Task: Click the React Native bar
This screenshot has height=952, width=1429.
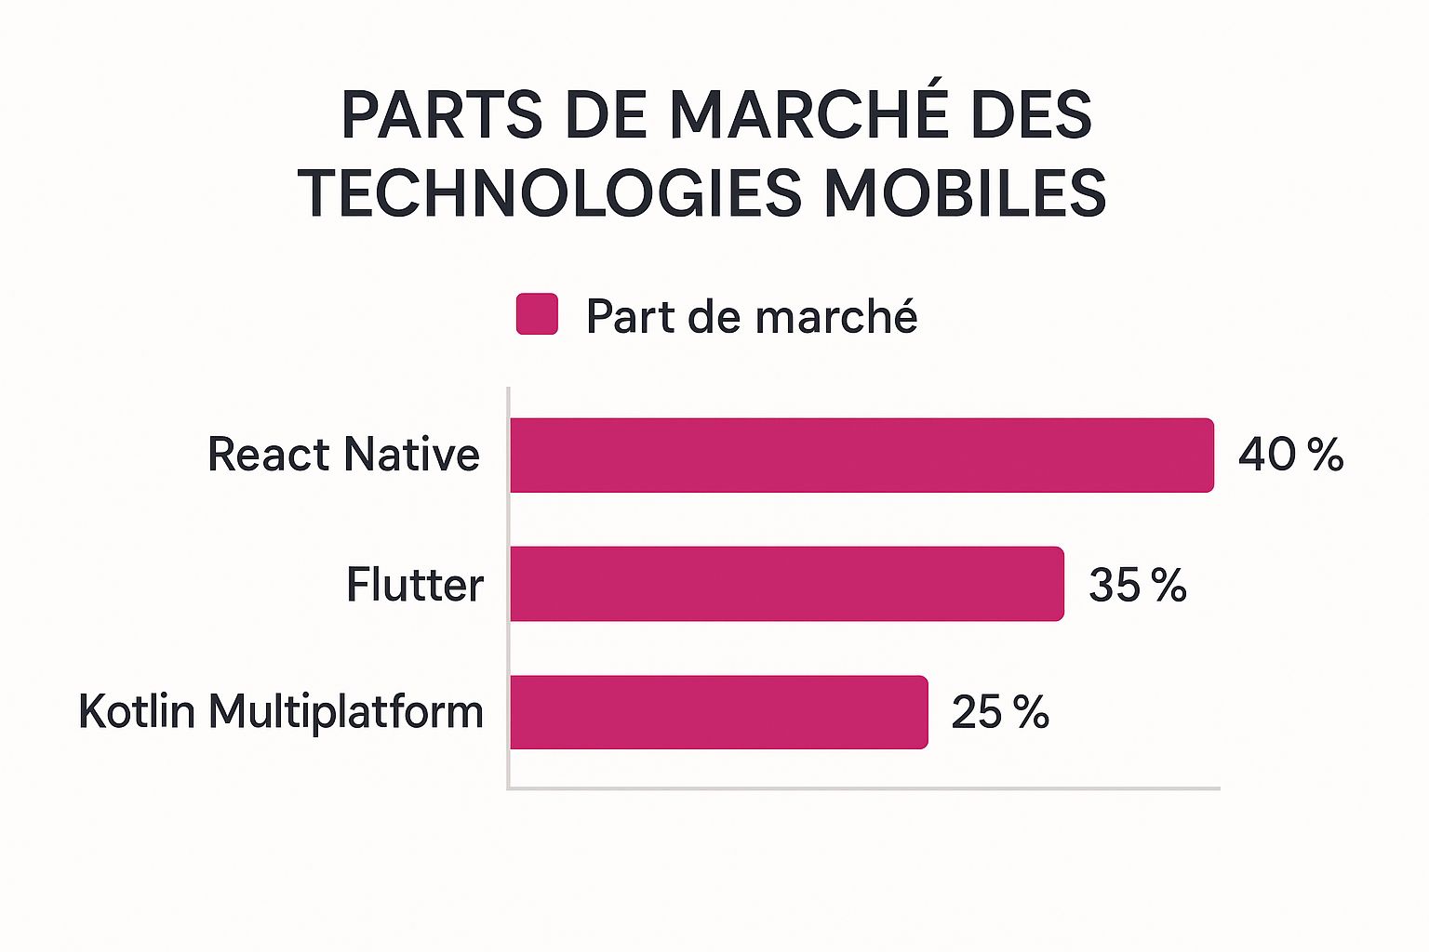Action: coord(861,456)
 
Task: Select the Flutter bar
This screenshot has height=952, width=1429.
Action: coord(787,584)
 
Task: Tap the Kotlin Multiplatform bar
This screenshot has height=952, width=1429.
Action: coord(718,712)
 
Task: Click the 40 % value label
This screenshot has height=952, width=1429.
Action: coord(1290,455)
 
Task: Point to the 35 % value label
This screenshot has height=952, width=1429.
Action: coord(1137,585)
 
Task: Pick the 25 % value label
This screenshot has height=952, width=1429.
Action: coord(1000,712)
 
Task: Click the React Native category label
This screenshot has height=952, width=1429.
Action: coord(343,455)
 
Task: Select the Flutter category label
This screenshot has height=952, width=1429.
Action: coord(415,585)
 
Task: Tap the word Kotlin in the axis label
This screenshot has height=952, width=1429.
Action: coord(137,712)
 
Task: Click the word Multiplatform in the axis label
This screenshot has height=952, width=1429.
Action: coord(346,713)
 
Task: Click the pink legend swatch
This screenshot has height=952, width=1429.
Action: coord(537,314)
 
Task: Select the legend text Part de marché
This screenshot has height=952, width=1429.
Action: coord(752,316)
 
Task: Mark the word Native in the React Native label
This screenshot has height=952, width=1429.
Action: coord(411,455)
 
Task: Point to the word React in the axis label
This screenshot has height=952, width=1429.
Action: coord(269,455)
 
